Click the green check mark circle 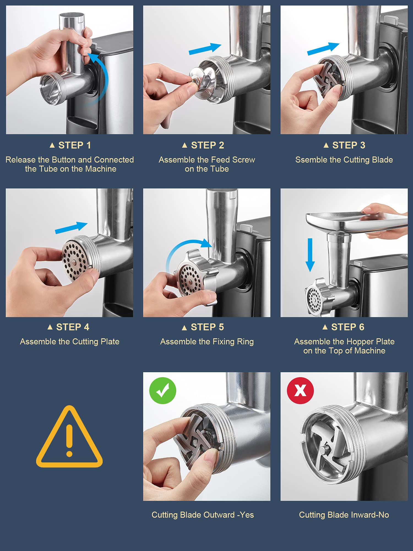pos(162,390)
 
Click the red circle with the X pos(300,390)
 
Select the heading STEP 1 pos(70,145)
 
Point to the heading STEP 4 pos(69,327)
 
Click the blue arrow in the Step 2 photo pos(205,49)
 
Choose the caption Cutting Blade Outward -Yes pos(203,515)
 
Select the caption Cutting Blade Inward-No pos(344,515)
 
